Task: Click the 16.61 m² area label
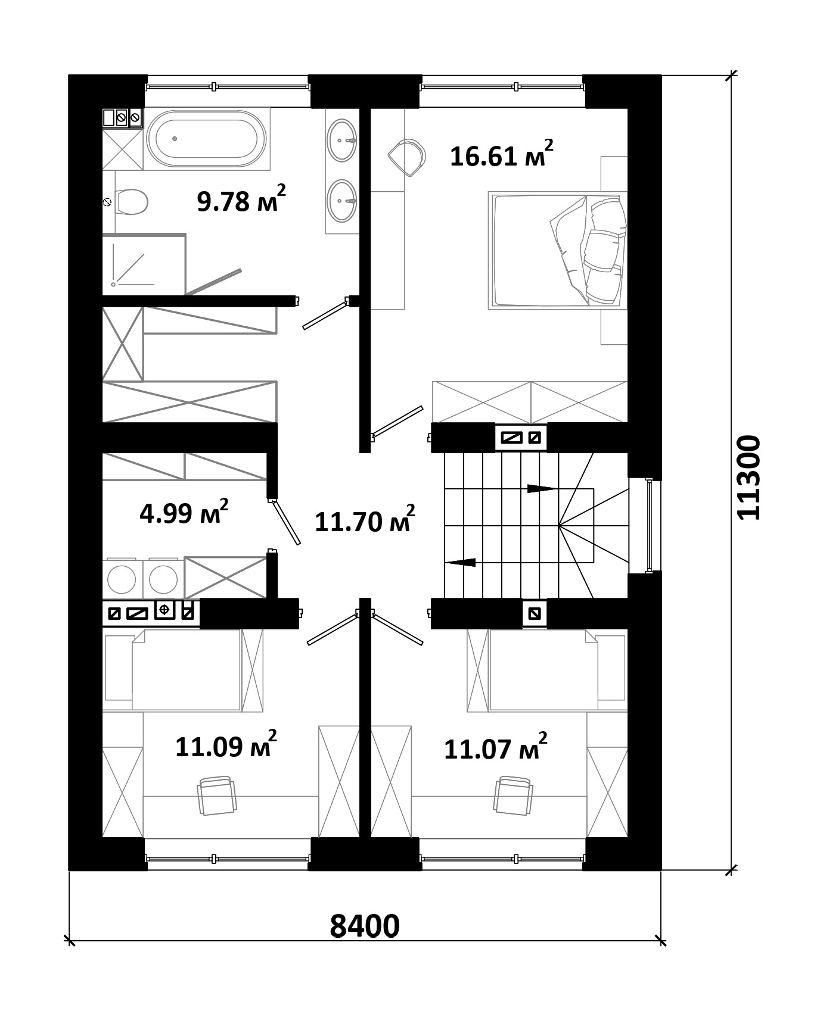(501, 155)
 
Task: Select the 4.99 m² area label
(184, 512)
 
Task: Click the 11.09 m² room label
(226, 745)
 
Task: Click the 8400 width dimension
(364, 925)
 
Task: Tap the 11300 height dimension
(748, 478)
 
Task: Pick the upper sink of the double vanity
(342, 140)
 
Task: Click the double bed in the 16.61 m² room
(557, 249)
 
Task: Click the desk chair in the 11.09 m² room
(215, 795)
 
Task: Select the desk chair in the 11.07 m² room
(512, 795)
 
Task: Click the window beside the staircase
(649, 525)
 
